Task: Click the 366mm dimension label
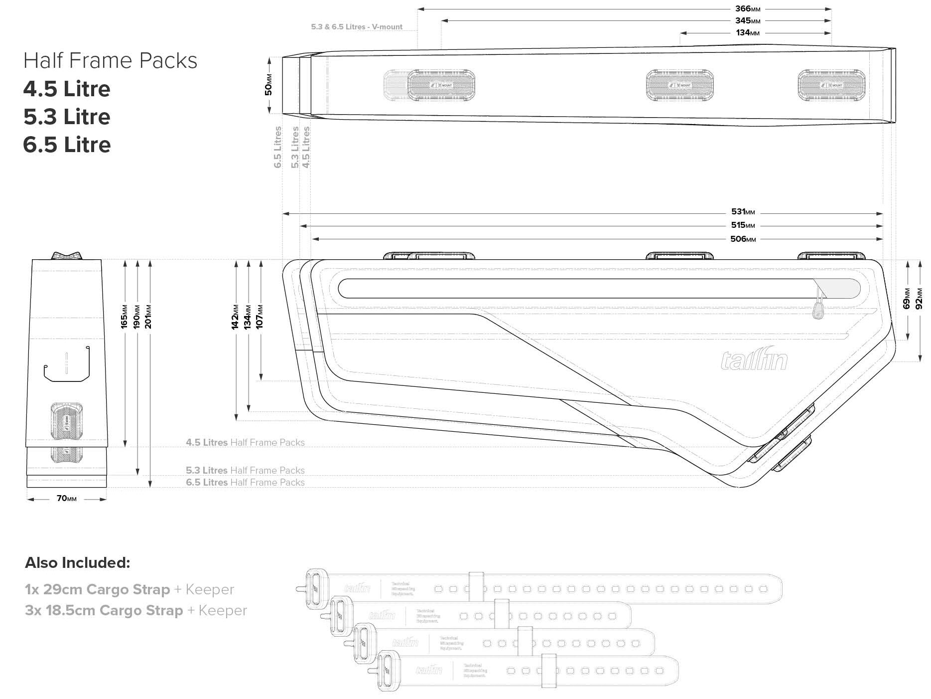(747, 9)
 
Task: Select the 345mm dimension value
(747, 21)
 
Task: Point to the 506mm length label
(743, 239)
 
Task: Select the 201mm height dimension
(148, 317)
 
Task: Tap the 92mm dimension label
(920, 299)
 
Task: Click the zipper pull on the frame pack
(817, 311)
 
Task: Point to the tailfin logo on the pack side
(754, 360)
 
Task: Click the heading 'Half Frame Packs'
(110, 61)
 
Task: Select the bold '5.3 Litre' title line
(67, 117)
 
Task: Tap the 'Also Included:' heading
(77, 563)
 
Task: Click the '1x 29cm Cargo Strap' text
(97, 590)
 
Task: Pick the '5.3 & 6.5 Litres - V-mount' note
(357, 27)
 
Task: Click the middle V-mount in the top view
(679, 85)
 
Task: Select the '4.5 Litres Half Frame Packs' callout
(245, 443)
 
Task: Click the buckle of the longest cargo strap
(315, 589)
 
